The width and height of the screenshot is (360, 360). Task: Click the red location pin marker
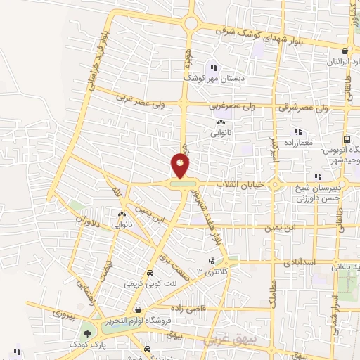click(181, 166)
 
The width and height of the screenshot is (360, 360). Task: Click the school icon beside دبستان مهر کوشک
click(214, 68)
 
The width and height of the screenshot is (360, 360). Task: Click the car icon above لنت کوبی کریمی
click(149, 274)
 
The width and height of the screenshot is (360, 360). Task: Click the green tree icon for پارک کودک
click(87, 334)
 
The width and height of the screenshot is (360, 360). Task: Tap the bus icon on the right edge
click(347, 140)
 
